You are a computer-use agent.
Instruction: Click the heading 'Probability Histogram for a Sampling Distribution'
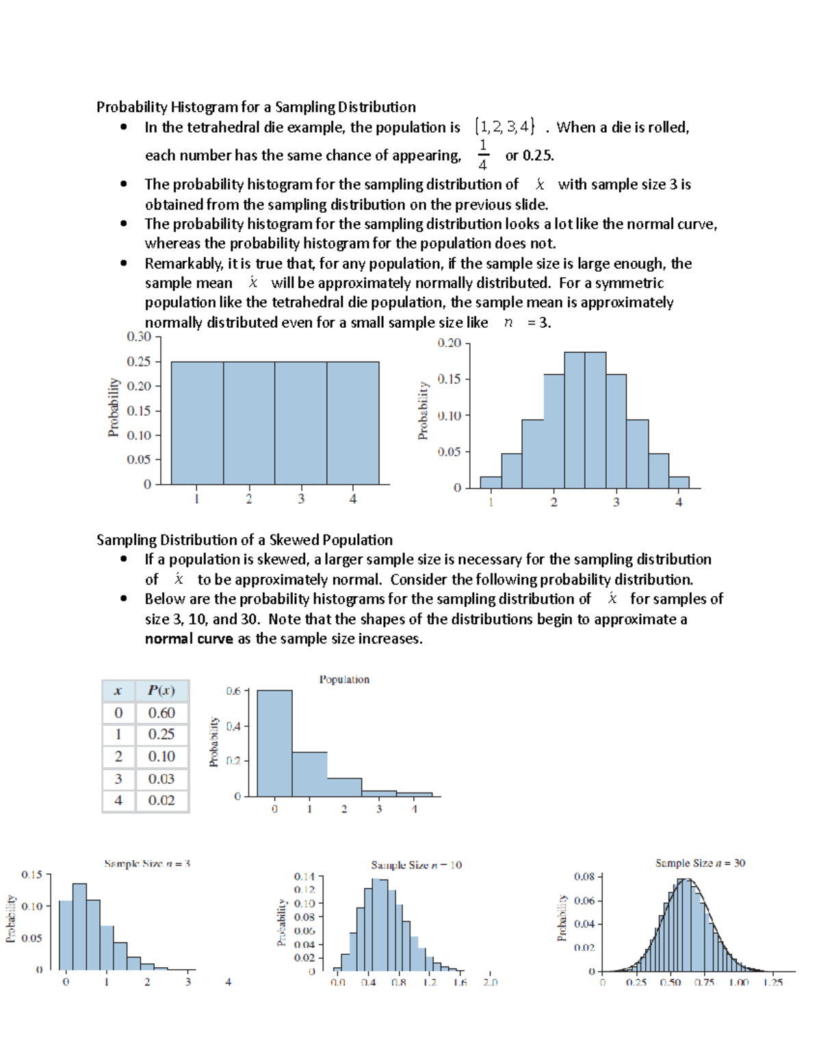256,107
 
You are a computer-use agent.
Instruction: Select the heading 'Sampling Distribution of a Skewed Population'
244,539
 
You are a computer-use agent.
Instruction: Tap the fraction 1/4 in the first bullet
483,155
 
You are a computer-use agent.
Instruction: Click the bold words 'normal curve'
189,639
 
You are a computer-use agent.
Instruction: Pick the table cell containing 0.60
161,713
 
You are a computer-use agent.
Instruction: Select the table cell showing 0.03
161,778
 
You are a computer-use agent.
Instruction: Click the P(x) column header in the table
161,690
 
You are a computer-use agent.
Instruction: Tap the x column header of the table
118,690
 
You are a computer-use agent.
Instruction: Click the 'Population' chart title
344,679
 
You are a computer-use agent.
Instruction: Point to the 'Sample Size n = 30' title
700,863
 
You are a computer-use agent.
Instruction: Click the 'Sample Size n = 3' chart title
147,864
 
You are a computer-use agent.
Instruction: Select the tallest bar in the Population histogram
274,743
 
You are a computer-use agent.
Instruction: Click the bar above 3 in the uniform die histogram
300,423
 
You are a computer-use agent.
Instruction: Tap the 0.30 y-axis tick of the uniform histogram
139,336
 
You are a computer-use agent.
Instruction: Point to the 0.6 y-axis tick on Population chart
233,691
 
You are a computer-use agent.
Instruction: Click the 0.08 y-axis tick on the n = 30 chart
584,876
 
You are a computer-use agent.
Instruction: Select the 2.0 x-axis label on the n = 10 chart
491,982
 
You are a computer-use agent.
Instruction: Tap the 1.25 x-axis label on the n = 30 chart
773,982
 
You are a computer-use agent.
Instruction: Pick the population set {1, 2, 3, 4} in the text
505,127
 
